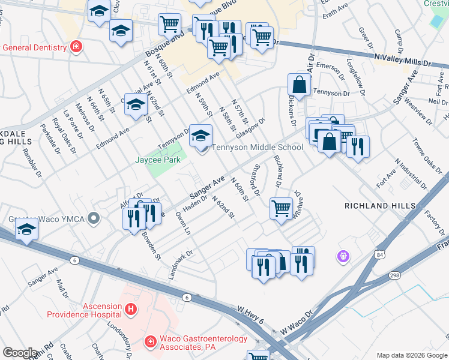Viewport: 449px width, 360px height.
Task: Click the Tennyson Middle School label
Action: (x=258, y=147)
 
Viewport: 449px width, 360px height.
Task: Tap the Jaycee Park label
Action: (x=157, y=160)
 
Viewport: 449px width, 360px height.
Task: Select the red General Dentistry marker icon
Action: (x=76, y=47)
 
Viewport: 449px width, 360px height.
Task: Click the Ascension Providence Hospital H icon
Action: (x=131, y=310)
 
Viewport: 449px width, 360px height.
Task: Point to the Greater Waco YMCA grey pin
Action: (x=93, y=218)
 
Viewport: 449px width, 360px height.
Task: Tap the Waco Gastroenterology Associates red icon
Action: (x=150, y=342)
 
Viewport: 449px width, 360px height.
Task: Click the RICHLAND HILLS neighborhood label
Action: (x=379, y=206)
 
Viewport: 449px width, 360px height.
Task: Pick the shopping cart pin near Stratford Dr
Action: (x=280, y=209)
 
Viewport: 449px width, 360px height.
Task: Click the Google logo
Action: (x=20, y=353)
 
